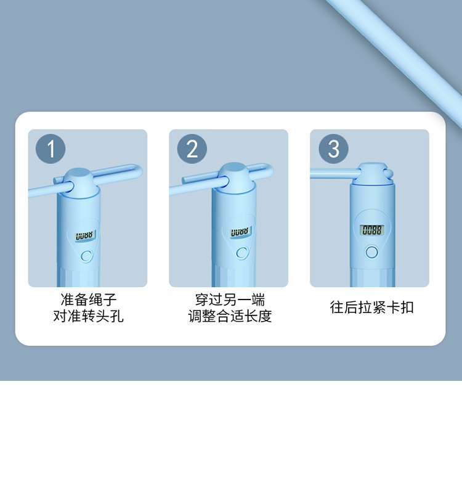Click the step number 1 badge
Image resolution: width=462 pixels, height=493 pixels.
(51, 149)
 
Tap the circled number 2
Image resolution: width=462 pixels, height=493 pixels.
(192, 149)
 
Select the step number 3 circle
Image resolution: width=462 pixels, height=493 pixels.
(333, 149)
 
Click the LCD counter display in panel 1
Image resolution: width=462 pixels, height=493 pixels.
(85, 236)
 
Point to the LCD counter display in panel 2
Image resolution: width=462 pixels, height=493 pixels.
(241, 232)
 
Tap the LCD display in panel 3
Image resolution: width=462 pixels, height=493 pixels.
(372, 230)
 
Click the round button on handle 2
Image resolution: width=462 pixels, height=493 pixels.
(242, 253)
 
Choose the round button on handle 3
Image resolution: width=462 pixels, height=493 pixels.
(372, 252)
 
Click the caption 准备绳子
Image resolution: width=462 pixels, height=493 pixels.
(88, 299)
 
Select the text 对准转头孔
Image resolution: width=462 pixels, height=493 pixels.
(88, 316)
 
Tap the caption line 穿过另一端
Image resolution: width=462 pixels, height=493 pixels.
(230, 299)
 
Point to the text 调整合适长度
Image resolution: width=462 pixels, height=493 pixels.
(230, 316)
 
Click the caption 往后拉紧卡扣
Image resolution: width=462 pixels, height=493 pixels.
(371, 307)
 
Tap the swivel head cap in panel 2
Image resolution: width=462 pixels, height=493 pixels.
(237, 177)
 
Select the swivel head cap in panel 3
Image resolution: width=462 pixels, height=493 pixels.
(373, 174)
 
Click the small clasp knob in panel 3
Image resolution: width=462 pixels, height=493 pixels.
(389, 173)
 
